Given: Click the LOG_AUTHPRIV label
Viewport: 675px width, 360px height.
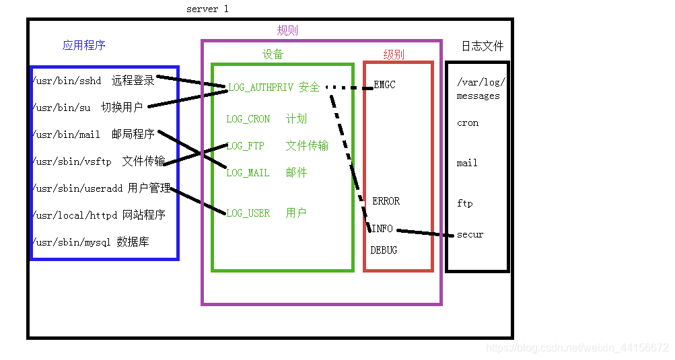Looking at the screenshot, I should [260, 87].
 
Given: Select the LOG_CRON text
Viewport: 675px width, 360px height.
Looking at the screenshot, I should [248, 119].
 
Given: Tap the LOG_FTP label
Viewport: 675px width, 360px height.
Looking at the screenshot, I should [245, 146].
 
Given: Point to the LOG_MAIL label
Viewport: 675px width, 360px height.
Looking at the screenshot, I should [248, 173].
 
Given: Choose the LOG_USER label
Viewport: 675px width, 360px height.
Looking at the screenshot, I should [248, 213].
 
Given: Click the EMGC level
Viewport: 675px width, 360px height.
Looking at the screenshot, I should [384, 85].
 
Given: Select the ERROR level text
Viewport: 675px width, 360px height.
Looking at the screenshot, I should [386, 201].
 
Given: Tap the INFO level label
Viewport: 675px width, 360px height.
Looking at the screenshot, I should [382, 229].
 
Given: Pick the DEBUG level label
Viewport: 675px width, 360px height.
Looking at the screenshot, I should [384, 250].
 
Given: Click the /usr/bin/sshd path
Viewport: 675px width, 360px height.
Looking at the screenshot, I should [66, 81].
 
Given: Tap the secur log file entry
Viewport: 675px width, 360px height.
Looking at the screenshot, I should [470, 235].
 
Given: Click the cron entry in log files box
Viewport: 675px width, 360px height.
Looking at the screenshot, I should [468, 123].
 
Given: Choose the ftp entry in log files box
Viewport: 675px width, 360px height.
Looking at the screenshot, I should [464, 203].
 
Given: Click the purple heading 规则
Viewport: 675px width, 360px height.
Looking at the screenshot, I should [287, 31].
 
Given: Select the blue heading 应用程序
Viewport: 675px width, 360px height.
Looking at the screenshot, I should [83, 46].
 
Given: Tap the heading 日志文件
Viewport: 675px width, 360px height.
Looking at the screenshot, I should [482, 46].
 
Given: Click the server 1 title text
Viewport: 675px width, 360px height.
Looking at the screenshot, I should [207, 9].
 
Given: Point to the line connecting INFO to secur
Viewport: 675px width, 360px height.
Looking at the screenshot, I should [424, 233].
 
